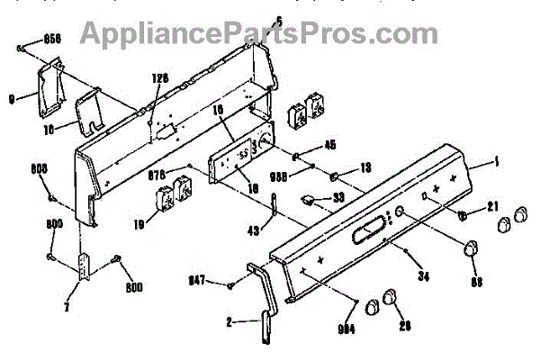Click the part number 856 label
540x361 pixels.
coord(51,41)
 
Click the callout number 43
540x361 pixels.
coord(255,231)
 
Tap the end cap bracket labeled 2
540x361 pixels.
coord(263,297)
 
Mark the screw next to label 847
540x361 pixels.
coord(232,284)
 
